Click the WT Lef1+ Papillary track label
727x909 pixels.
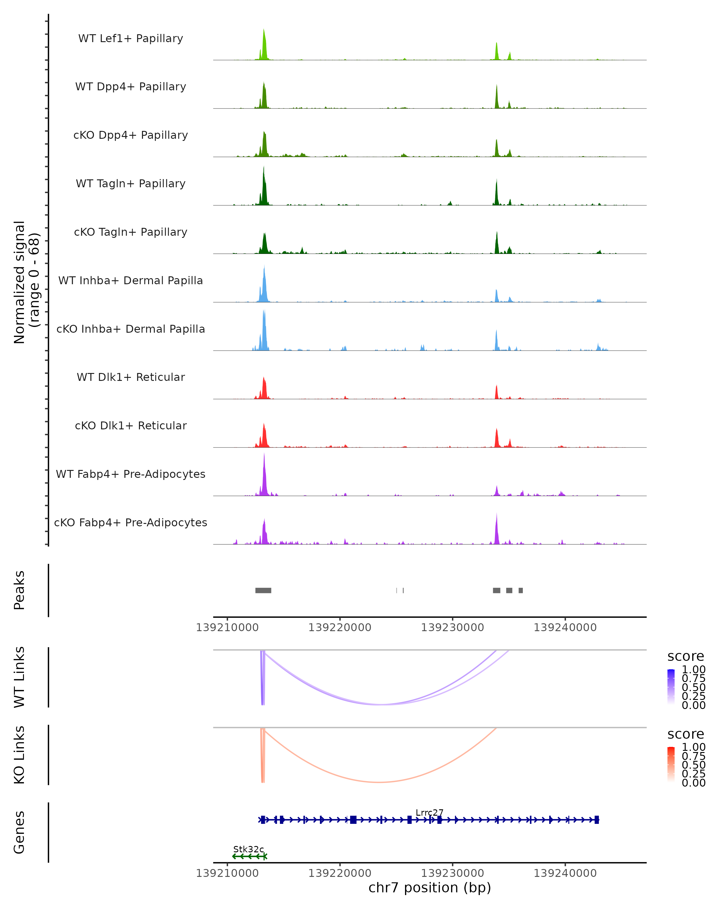[131, 38]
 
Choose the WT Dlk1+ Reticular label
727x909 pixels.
[131, 377]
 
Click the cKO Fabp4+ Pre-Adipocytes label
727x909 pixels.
[131, 522]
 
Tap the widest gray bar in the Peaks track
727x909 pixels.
[264, 590]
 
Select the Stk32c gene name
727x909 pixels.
[249, 849]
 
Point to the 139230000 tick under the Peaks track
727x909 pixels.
[453, 628]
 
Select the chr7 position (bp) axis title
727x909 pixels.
[430, 888]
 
